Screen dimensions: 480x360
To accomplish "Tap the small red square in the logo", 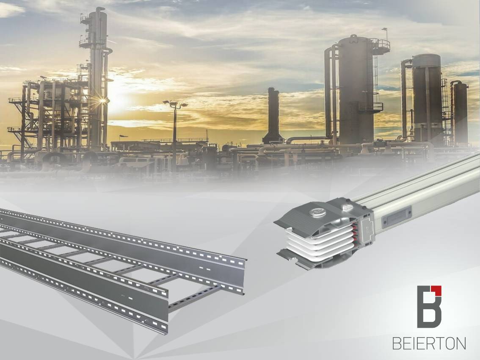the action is click(439, 289).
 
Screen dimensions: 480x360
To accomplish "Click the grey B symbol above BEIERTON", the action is click(429, 307).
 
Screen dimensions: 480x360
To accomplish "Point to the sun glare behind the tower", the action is click(103, 100).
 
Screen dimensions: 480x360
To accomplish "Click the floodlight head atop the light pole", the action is click(175, 104).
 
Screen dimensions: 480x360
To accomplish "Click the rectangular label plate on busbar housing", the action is click(396, 217).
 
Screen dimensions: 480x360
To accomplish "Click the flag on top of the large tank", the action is click(384, 30).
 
